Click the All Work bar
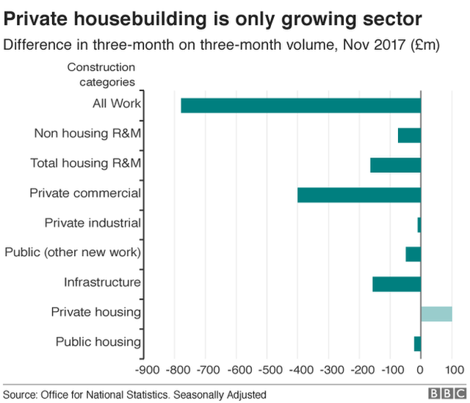coord(301,105)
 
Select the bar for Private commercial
coord(359,195)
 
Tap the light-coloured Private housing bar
coord(436,313)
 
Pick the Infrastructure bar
coord(397,283)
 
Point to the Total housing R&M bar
coord(396,164)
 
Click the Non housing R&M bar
coord(409,135)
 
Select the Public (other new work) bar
coord(413,254)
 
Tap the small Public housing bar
coord(417,343)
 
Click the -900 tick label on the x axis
coord(147,369)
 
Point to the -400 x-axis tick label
coord(298,369)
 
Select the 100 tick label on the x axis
coord(452,369)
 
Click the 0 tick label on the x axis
coord(421,369)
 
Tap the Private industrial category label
coord(93,223)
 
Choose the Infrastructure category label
coord(102,283)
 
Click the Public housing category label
coord(98,342)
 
